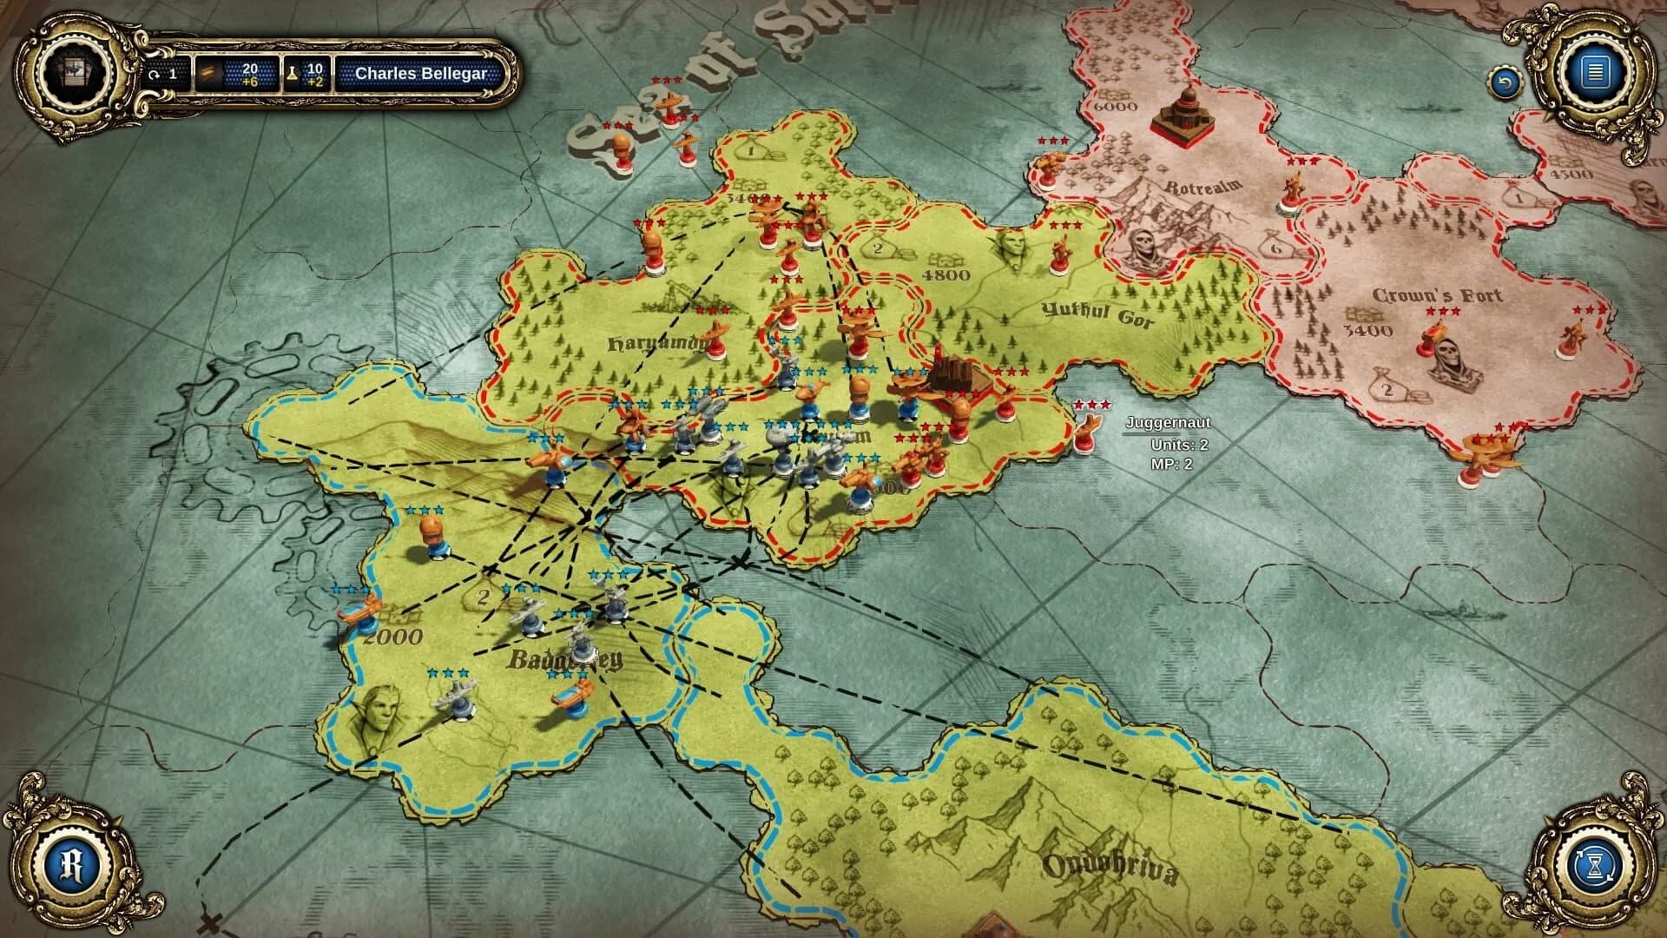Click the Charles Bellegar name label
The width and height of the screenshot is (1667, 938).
pos(421,74)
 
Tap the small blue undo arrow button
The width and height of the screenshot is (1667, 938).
pos(1505,83)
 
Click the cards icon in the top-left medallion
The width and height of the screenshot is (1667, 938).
pos(75,72)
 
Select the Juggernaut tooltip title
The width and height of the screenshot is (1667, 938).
pos(1168,423)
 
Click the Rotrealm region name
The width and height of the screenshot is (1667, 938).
pos(1203,186)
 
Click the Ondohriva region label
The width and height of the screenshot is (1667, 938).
pos(1110,869)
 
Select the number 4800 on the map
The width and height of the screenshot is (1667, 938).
pos(946,275)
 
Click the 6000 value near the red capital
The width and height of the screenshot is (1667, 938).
pos(1115,107)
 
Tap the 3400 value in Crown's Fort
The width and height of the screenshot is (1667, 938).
pos(1367,330)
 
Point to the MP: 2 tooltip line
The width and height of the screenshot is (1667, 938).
pos(1171,464)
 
